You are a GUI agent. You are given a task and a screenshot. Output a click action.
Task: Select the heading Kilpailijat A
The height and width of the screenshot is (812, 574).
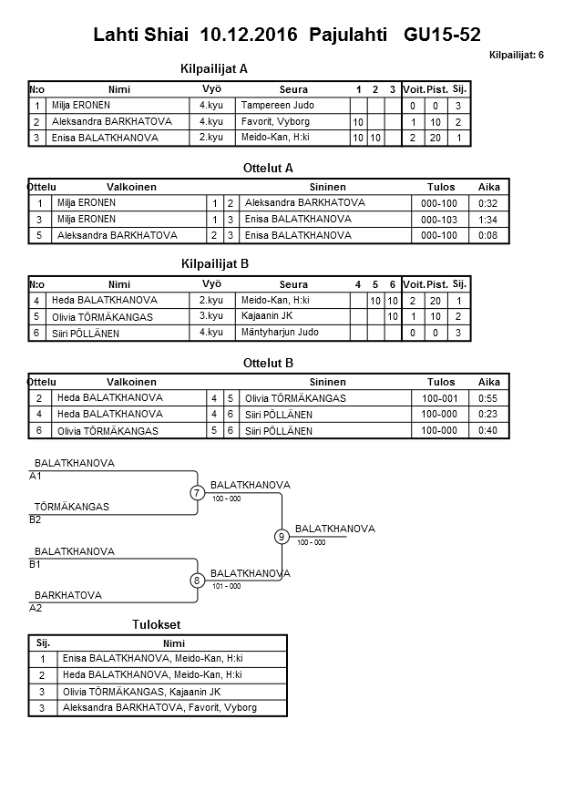coord(214,68)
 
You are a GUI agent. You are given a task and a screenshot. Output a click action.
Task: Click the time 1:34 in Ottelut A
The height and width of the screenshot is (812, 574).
coord(488,219)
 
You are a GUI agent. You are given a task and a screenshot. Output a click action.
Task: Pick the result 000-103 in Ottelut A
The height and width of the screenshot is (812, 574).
coord(441,219)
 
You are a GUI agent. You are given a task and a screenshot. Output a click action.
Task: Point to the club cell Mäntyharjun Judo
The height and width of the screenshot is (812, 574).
coord(280,333)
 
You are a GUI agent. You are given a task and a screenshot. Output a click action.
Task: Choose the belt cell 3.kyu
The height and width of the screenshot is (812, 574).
coord(211,316)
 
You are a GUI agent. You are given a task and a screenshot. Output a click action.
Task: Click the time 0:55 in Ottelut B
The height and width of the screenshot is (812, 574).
coord(488,398)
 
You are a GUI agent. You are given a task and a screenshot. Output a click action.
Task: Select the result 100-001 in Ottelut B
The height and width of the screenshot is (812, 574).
coord(441,398)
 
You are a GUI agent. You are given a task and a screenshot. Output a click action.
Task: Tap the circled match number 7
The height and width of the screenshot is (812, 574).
coord(197,493)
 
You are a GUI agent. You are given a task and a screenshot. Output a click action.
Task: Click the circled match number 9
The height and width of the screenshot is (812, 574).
coord(282,537)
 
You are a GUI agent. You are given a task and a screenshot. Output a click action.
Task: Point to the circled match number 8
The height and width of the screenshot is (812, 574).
coord(197,581)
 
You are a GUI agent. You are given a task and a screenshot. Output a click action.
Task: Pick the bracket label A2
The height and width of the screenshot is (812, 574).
coord(36,608)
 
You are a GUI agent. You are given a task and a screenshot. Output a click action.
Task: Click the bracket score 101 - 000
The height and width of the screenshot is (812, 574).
coord(226,586)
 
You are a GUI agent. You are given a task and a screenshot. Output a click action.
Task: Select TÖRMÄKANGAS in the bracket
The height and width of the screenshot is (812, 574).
coord(71,507)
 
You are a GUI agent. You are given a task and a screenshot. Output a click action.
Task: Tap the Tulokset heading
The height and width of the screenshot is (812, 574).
coord(156,624)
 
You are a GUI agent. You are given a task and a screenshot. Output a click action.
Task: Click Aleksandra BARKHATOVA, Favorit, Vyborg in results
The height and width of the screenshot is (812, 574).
coord(159,708)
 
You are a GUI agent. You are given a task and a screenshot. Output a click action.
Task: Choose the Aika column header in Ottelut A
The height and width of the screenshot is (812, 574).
coord(488,187)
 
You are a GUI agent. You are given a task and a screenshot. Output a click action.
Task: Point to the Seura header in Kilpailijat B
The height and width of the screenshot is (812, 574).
coord(293,284)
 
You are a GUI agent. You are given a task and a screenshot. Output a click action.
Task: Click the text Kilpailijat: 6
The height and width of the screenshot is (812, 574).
coord(516,56)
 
